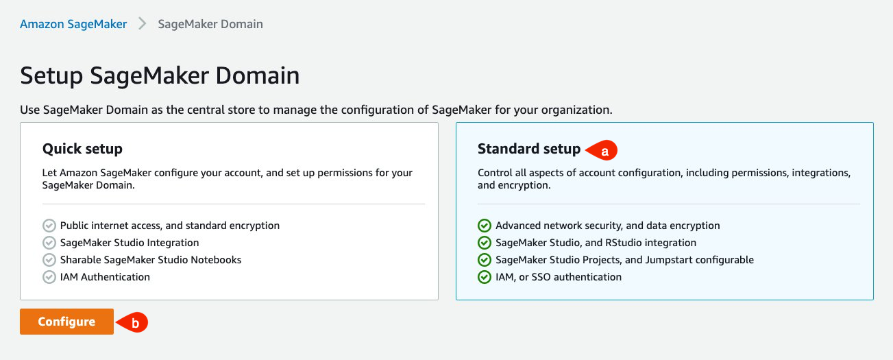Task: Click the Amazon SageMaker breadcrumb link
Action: [73, 24]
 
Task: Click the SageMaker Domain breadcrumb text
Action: [210, 24]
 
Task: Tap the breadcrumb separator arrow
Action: [143, 24]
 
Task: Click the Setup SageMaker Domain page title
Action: [160, 75]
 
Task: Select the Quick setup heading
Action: [82, 149]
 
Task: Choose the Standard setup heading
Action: [528, 149]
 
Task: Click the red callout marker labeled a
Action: [604, 149]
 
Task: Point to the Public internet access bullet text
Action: [170, 226]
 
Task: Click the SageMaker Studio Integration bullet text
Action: [130, 243]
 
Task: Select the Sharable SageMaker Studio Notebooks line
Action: [151, 260]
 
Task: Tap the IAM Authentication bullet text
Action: [105, 277]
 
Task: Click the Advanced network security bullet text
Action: [608, 226]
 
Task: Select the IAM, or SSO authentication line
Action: [559, 277]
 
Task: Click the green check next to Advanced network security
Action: [485, 226]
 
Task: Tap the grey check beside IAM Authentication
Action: [49, 277]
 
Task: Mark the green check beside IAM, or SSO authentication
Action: [485, 277]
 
